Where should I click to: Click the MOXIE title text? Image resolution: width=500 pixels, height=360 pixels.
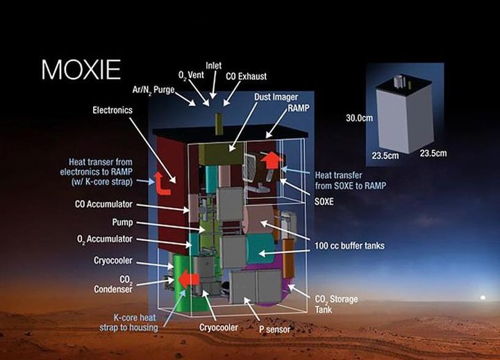point(81,69)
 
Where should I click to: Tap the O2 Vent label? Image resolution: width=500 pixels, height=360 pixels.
point(191,76)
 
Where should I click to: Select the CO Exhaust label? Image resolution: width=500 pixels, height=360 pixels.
point(246,76)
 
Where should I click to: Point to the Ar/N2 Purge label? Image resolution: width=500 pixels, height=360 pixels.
point(153,90)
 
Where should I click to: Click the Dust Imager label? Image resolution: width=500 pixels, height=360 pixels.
point(276,97)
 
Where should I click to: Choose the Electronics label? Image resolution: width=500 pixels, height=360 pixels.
point(112,110)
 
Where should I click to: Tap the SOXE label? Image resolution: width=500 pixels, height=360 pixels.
point(324,202)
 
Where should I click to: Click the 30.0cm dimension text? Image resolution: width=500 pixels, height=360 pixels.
point(359,118)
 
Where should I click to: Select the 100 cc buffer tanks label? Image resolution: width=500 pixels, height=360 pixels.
point(349,246)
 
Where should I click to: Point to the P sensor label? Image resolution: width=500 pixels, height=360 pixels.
point(274,329)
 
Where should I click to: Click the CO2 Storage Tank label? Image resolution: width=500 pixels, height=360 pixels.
point(336,304)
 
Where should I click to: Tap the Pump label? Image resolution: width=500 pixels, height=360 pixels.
point(122,222)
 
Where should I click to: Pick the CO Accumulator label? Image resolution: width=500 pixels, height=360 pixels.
point(103,204)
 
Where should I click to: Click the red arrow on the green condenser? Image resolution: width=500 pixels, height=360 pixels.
point(189,279)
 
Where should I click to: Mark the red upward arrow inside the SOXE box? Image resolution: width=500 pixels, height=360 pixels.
point(272,161)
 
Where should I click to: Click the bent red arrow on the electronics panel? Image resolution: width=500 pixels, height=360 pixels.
point(162,183)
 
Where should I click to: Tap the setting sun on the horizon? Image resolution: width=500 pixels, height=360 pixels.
point(483,297)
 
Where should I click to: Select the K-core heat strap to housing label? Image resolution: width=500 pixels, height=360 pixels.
point(128,322)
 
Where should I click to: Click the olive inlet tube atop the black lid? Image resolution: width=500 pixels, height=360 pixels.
point(219,124)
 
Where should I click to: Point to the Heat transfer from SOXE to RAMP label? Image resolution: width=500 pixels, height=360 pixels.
point(351,180)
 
